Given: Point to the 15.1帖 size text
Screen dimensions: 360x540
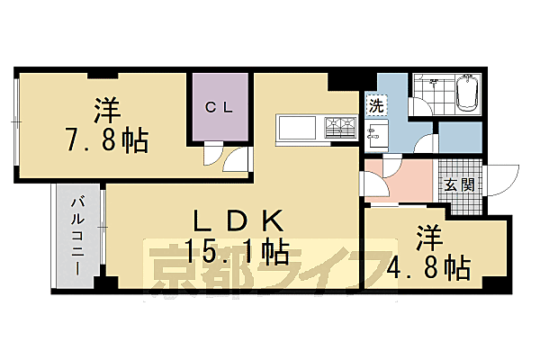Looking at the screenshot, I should coord(237,250).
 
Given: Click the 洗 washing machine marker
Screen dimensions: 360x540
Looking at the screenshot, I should coord(373,105).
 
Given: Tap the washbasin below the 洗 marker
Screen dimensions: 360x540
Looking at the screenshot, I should coord(376,135).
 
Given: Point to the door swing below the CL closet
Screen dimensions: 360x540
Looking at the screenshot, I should coord(221,158).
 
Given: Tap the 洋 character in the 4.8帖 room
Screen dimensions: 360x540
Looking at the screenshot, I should coord(429,238).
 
